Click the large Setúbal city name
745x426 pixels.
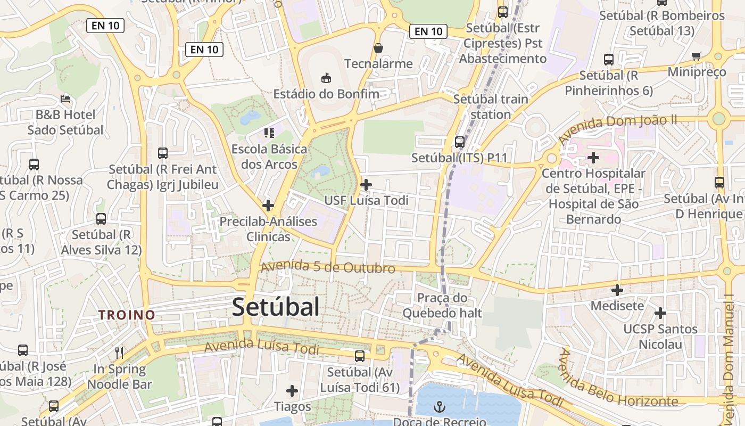click(276, 307)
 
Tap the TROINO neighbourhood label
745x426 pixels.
click(127, 315)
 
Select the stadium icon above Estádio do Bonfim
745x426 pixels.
click(326, 78)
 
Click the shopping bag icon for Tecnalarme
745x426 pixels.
click(378, 48)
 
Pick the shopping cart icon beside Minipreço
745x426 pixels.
click(697, 56)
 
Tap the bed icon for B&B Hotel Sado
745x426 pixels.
click(65, 99)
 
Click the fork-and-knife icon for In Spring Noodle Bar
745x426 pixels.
click(119, 353)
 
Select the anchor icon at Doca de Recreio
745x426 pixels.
click(440, 407)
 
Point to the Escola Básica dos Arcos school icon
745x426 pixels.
click(269, 133)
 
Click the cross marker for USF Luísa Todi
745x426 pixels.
click(366, 185)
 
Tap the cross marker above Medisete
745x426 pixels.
click(617, 290)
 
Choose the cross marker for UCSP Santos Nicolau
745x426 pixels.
click(660, 313)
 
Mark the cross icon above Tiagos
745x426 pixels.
click(292, 391)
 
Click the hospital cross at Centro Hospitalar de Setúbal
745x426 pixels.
click(593, 158)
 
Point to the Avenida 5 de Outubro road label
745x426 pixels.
click(328, 267)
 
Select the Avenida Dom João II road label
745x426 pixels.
click(617, 128)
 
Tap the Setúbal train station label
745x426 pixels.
click(491, 106)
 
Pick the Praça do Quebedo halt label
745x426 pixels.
click(442, 305)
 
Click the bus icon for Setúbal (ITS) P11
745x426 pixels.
click(460, 142)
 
